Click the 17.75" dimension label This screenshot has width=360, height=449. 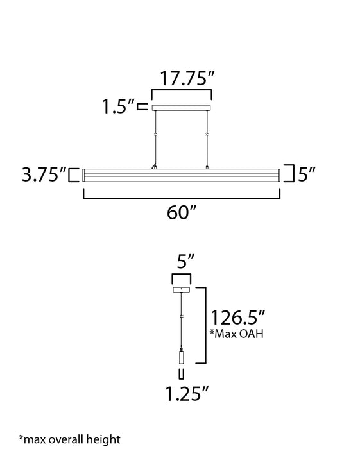(x=182, y=80)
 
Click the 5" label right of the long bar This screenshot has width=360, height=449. (x=307, y=174)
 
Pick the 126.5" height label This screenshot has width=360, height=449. (x=238, y=316)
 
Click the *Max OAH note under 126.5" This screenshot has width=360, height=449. (x=236, y=334)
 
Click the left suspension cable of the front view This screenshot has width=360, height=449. (x=155, y=138)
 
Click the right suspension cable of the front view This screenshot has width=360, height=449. (x=207, y=138)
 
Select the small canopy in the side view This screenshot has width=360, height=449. (x=182, y=290)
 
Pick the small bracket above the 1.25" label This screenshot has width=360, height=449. (x=182, y=374)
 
